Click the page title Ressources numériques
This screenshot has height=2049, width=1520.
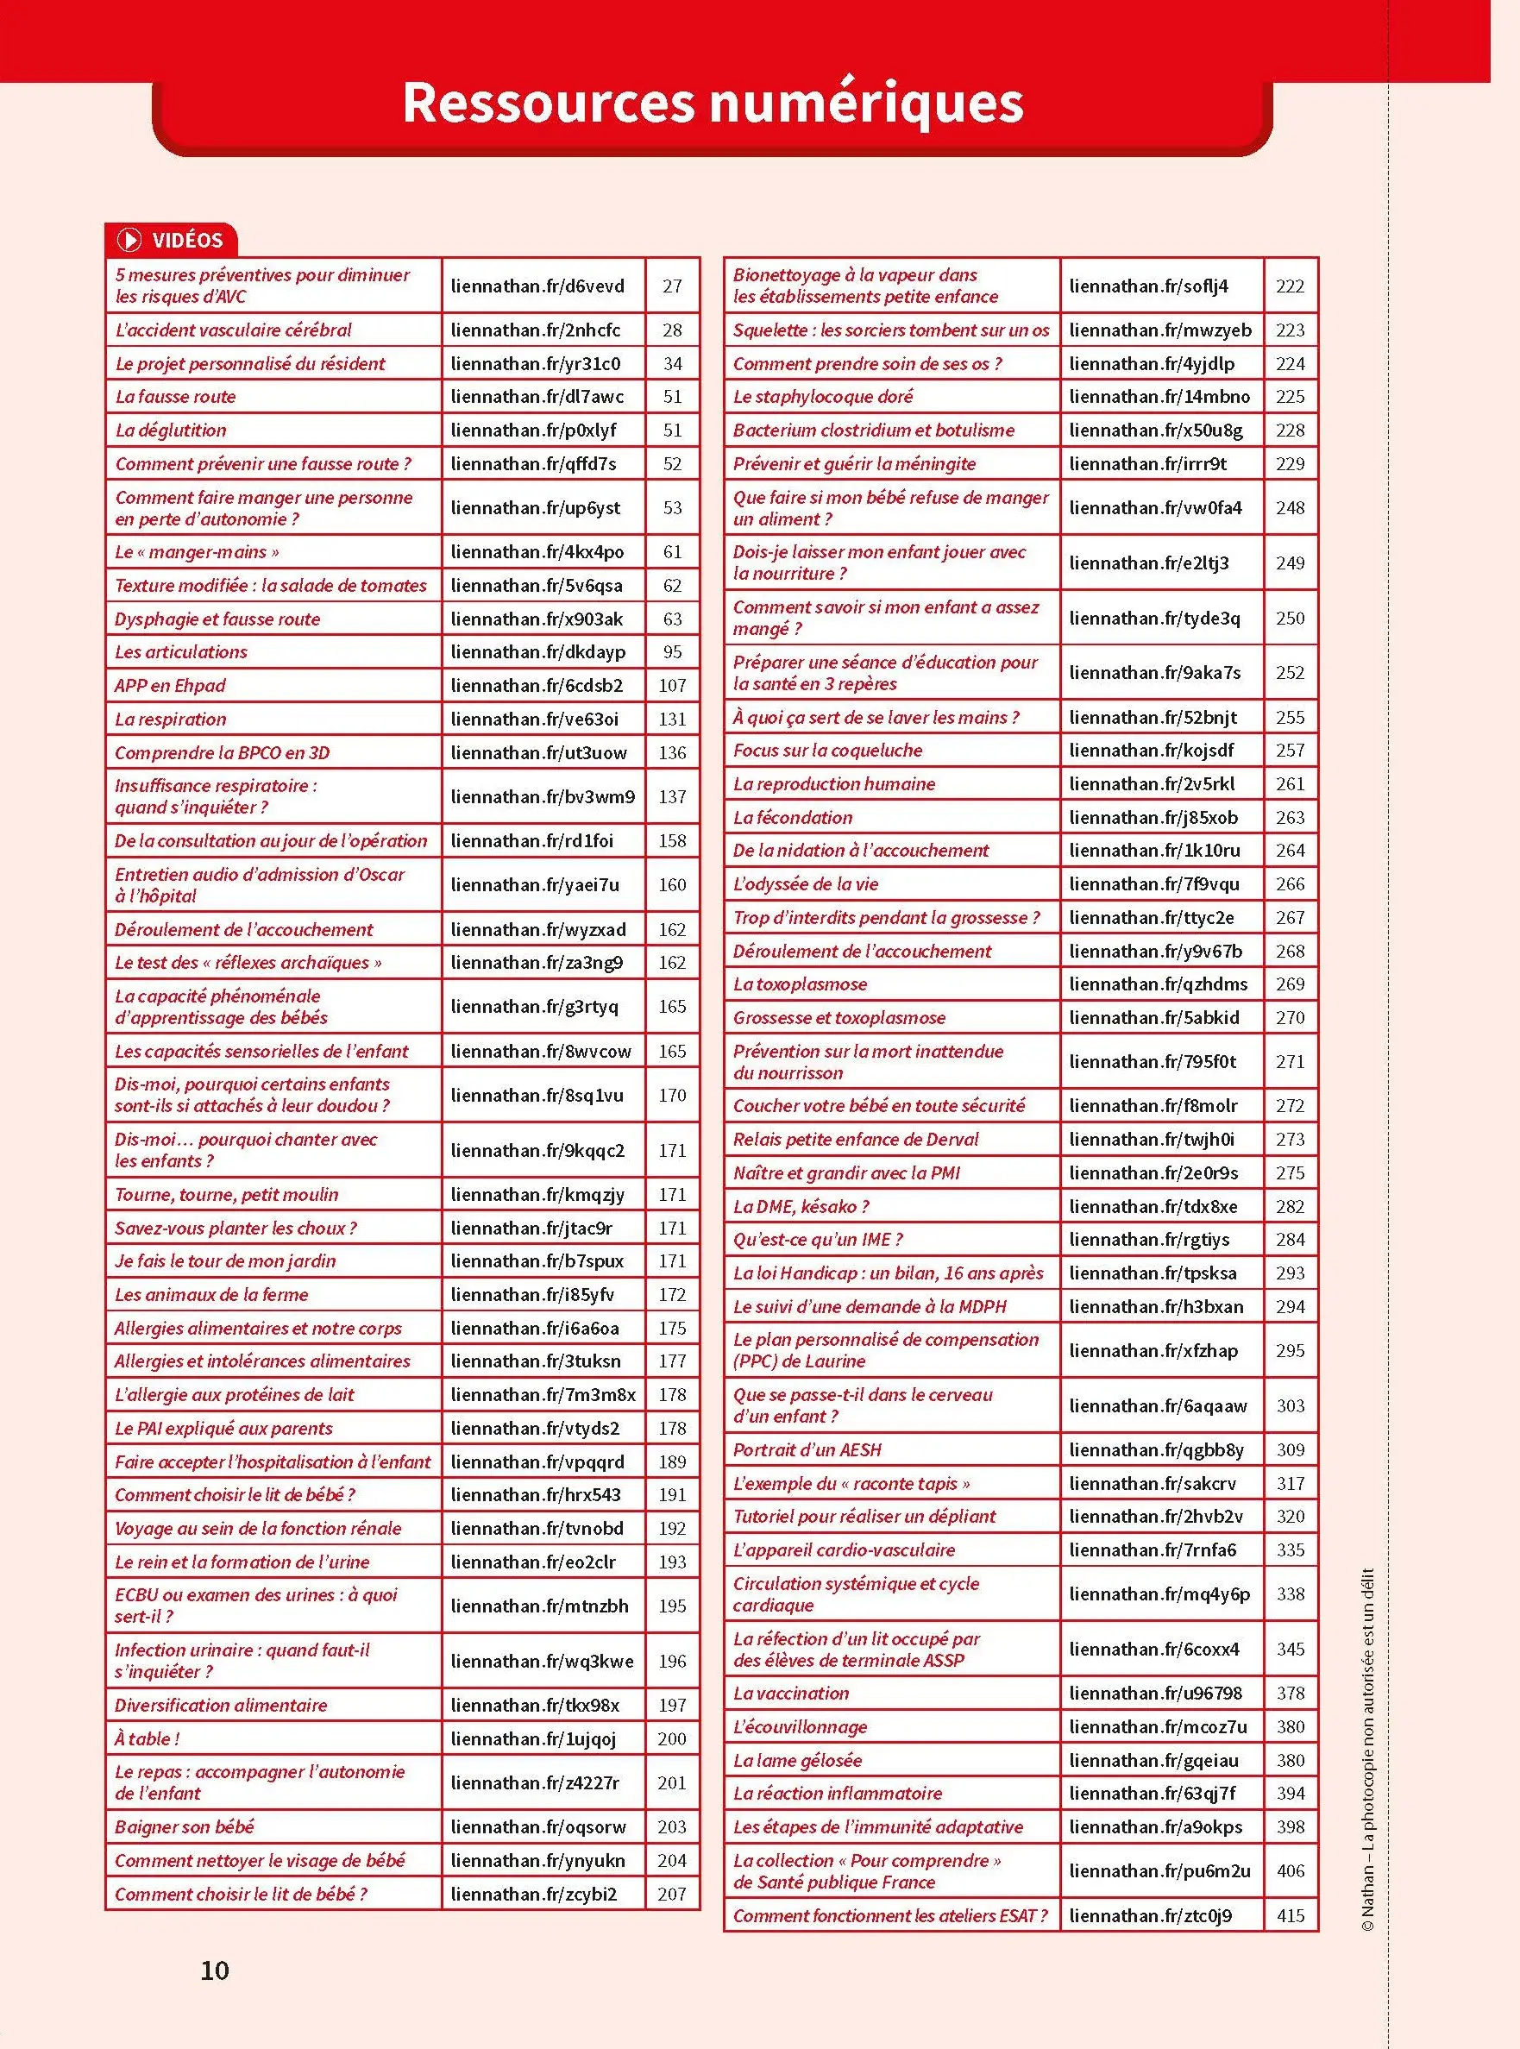pos(713,103)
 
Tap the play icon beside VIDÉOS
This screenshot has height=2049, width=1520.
pos(129,240)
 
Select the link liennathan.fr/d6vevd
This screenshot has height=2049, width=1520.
pos(537,286)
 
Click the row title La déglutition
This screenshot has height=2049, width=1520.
pos(170,430)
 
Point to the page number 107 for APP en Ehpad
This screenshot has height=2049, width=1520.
pos(672,686)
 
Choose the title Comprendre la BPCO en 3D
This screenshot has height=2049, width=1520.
pos(222,752)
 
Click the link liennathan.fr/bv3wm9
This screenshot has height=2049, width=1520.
pos(542,797)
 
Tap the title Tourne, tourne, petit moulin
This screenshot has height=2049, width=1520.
pos(226,1194)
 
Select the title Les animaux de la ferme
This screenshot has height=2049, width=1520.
pos(211,1295)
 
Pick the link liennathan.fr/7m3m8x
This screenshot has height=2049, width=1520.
pos(543,1395)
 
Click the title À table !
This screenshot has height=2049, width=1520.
pos(148,1738)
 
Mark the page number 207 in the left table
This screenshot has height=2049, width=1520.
pos(672,1894)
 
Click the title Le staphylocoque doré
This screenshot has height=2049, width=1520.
pos(823,397)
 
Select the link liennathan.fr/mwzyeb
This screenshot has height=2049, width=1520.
pos(1159,330)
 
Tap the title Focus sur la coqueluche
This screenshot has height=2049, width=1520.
pos(827,750)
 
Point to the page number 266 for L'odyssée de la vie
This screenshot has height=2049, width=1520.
pos(1290,884)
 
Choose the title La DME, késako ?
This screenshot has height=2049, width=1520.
pos(801,1206)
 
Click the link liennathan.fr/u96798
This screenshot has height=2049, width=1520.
pos(1155,1693)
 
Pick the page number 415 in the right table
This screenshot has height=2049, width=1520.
pos(1290,1915)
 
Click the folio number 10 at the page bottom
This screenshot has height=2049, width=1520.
pos(215,1970)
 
